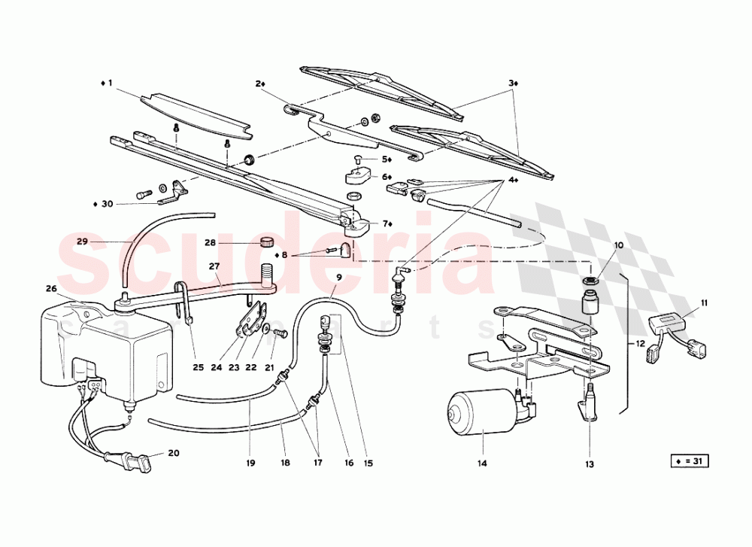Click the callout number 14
tap(482, 463)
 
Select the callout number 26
tap(51, 288)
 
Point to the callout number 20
tap(174, 453)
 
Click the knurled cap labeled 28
tap(265, 242)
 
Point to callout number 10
tap(619, 245)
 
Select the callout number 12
tap(640, 344)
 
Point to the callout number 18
tap(284, 463)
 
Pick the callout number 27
tap(214, 266)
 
